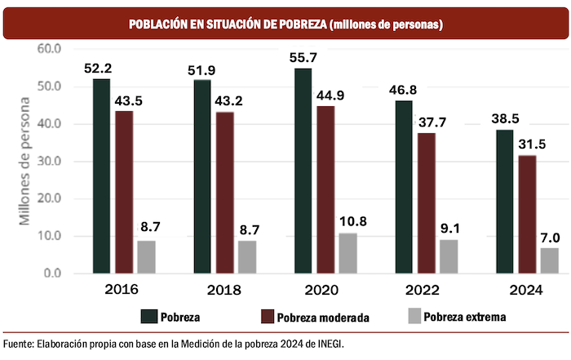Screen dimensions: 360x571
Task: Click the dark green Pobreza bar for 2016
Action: pyautogui.click(x=101, y=176)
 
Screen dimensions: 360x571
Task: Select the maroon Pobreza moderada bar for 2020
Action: pyautogui.click(x=325, y=189)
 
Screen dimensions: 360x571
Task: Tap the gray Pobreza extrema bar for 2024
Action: pyautogui.click(x=549, y=260)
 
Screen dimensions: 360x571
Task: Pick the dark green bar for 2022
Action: pyautogui.click(x=404, y=187)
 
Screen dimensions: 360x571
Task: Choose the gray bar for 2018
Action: pyautogui.click(x=246, y=257)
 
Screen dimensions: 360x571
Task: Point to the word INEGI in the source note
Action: pyautogui.click(x=330, y=344)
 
